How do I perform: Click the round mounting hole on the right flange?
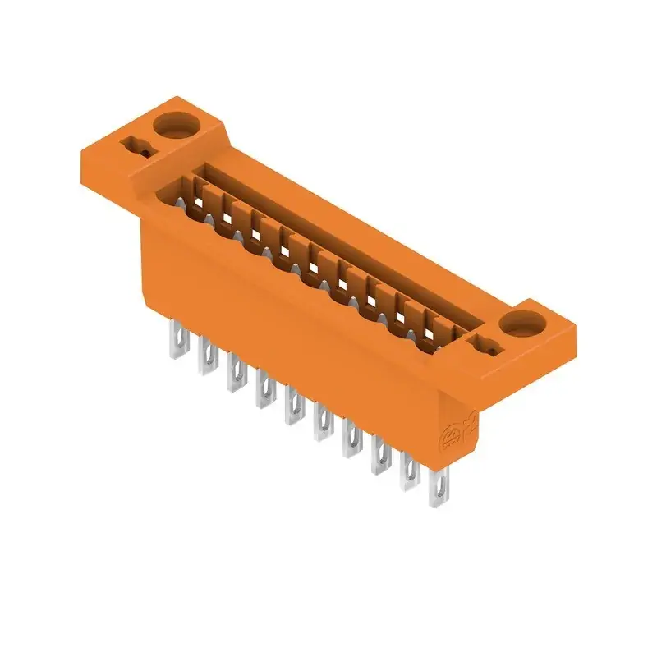tap(519, 323)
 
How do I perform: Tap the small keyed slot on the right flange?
tap(485, 345)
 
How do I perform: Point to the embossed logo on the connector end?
tap(453, 435)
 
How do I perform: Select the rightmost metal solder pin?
tap(437, 491)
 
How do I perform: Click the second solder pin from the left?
tap(205, 358)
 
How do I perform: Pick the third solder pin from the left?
tap(235, 373)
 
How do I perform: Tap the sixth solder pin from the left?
tap(322, 421)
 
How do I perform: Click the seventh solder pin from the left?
tap(351, 437)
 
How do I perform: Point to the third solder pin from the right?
tap(379, 455)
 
